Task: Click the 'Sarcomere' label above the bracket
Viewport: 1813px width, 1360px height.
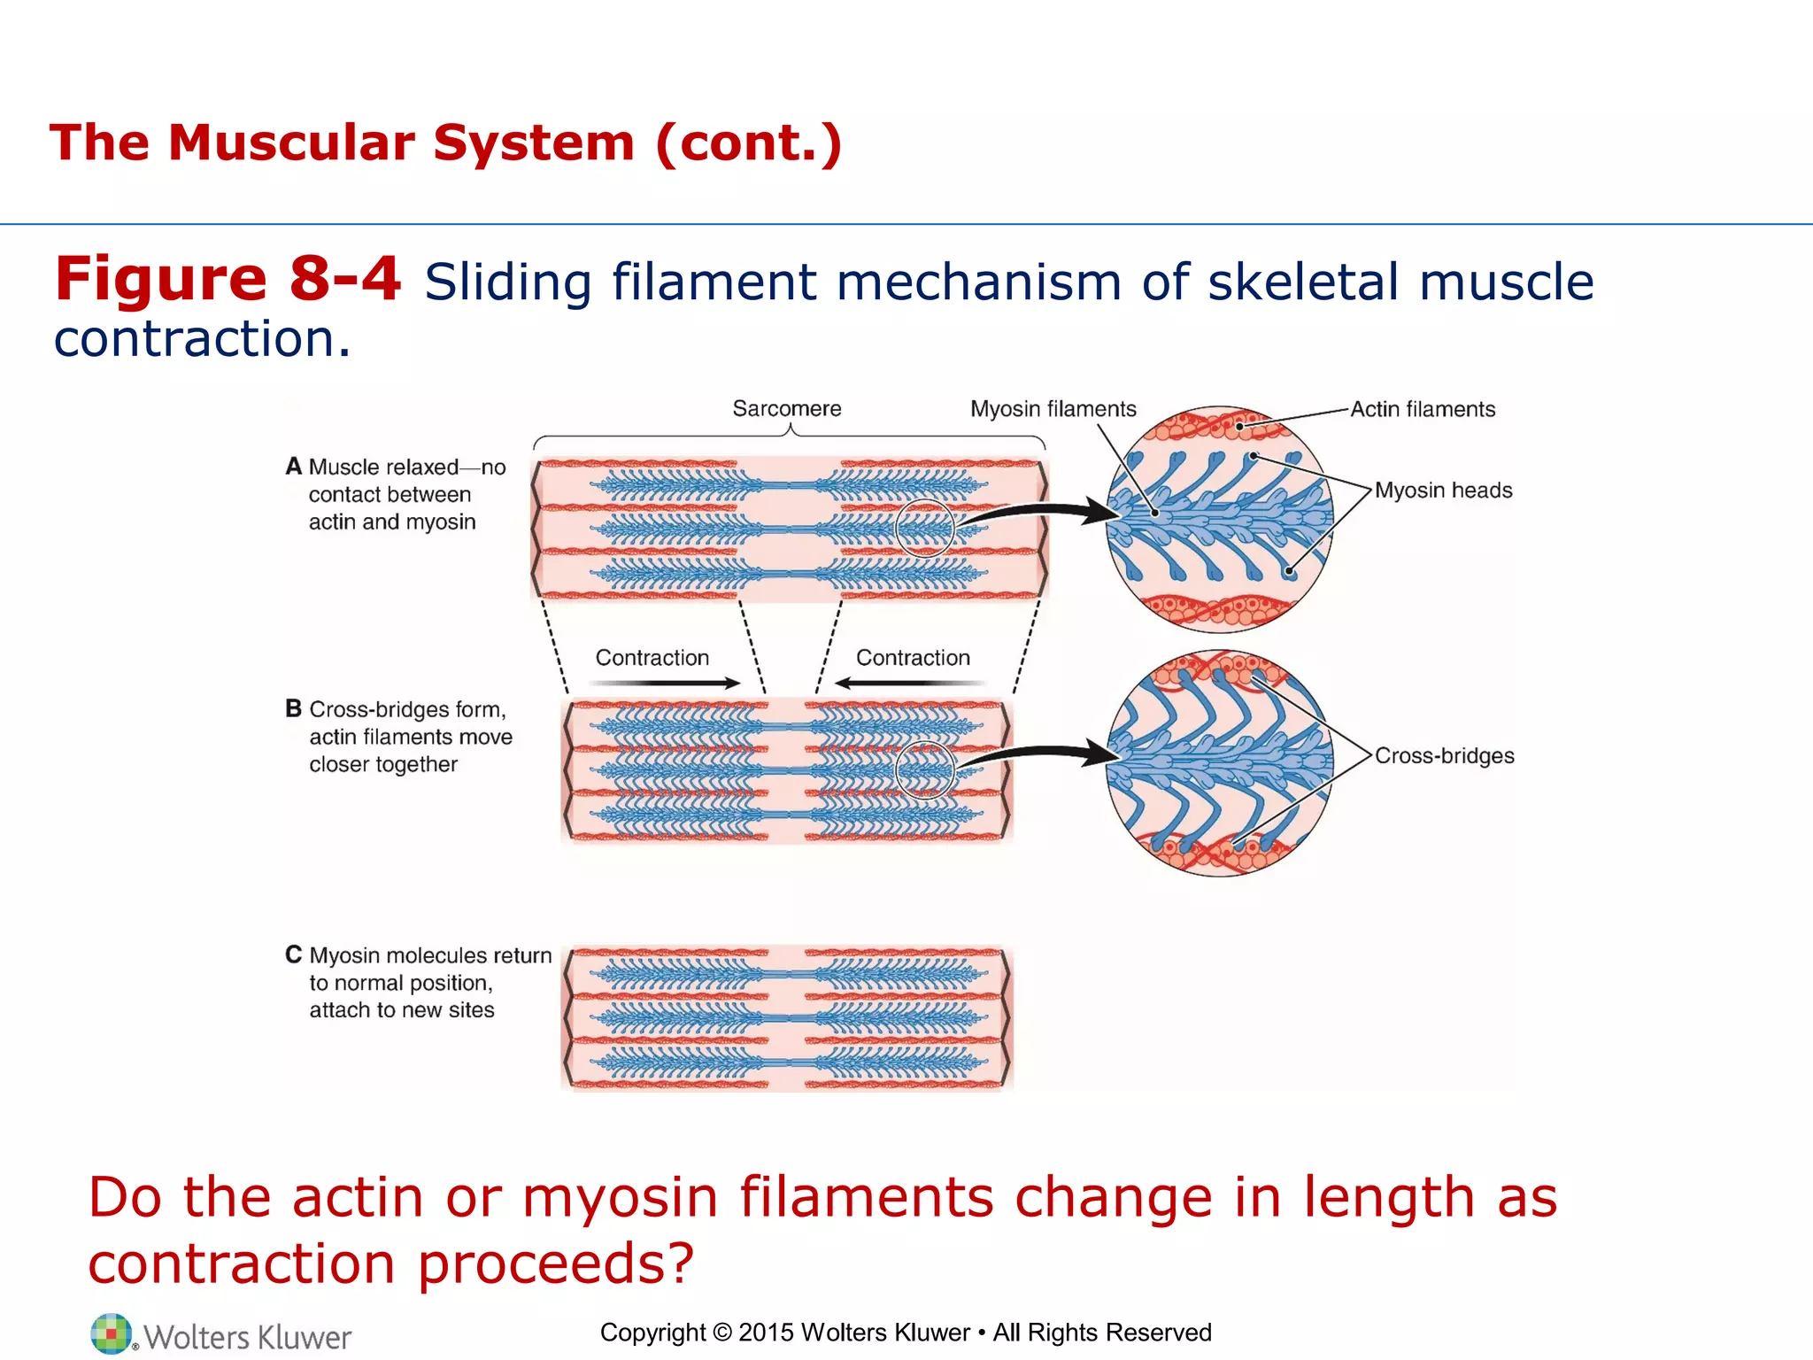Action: (786, 409)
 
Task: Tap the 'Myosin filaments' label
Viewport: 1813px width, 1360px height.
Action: (1053, 409)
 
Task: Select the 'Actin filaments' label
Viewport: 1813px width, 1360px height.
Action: (1423, 409)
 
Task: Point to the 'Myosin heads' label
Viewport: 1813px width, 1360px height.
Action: (1443, 491)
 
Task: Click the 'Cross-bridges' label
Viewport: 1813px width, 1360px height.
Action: (1444, 756)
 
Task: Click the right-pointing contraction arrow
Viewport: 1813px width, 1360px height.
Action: (664, 683)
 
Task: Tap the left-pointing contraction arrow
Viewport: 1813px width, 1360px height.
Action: (910, 683)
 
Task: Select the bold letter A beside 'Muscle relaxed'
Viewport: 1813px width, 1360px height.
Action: (294, 467)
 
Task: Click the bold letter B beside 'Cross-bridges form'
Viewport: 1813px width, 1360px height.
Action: (294, 709)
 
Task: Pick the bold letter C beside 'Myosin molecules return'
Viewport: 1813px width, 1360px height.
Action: (294, 955)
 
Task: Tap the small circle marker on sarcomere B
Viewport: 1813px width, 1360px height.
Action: (924, 743)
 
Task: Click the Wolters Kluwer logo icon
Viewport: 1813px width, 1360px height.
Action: (111, 1333)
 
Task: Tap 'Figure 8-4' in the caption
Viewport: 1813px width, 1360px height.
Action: (228, 279)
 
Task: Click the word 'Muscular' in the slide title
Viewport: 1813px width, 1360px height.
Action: (291, 143)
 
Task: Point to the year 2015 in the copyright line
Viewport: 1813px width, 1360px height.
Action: (766, 1333)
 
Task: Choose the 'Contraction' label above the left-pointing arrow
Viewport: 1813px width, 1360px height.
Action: (913, 658)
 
